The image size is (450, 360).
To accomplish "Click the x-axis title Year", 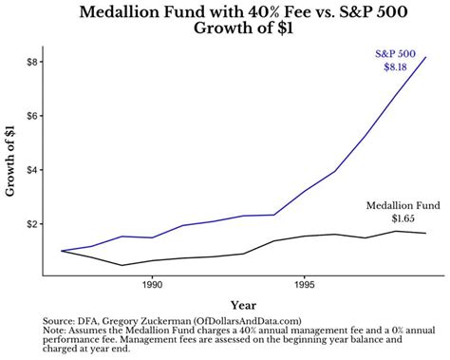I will [x=243, y=304].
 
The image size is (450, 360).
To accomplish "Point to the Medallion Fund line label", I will [x=403, y=205].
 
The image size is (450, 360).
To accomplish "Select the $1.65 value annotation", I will [x=403, y=218].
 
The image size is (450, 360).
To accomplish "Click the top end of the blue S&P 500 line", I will [x=426, y=57].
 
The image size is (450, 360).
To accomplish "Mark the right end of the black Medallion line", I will [x=426, y=234].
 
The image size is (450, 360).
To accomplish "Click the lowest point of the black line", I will [x=122, y=265].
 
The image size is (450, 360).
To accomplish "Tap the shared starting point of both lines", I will [x=62, y=251].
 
